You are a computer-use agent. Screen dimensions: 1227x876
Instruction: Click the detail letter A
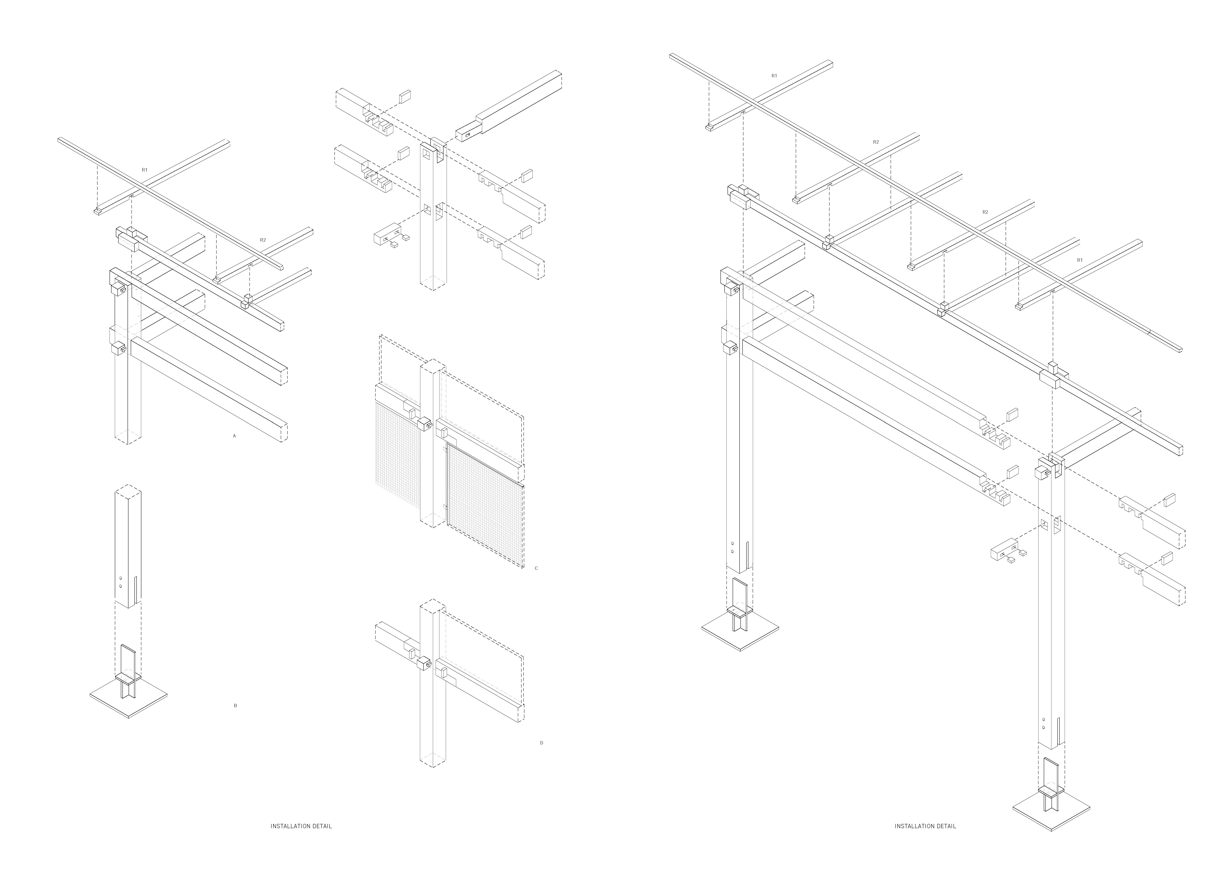click(x=234, y=435)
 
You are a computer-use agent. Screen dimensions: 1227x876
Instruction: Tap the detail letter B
click(x=235, y=706)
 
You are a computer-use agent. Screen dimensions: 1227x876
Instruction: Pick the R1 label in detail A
click(x=145, y=170)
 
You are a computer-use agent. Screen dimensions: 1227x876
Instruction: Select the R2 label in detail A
click(x=263, y=239)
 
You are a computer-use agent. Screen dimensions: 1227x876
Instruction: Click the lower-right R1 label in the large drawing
click(x=1080, y=260)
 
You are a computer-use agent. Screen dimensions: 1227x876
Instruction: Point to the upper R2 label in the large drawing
click(x=876, y=142)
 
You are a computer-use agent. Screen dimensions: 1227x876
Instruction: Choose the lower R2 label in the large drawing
click(x=985, y=212)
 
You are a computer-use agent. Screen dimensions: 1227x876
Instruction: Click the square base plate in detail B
click(x=128, y=701)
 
